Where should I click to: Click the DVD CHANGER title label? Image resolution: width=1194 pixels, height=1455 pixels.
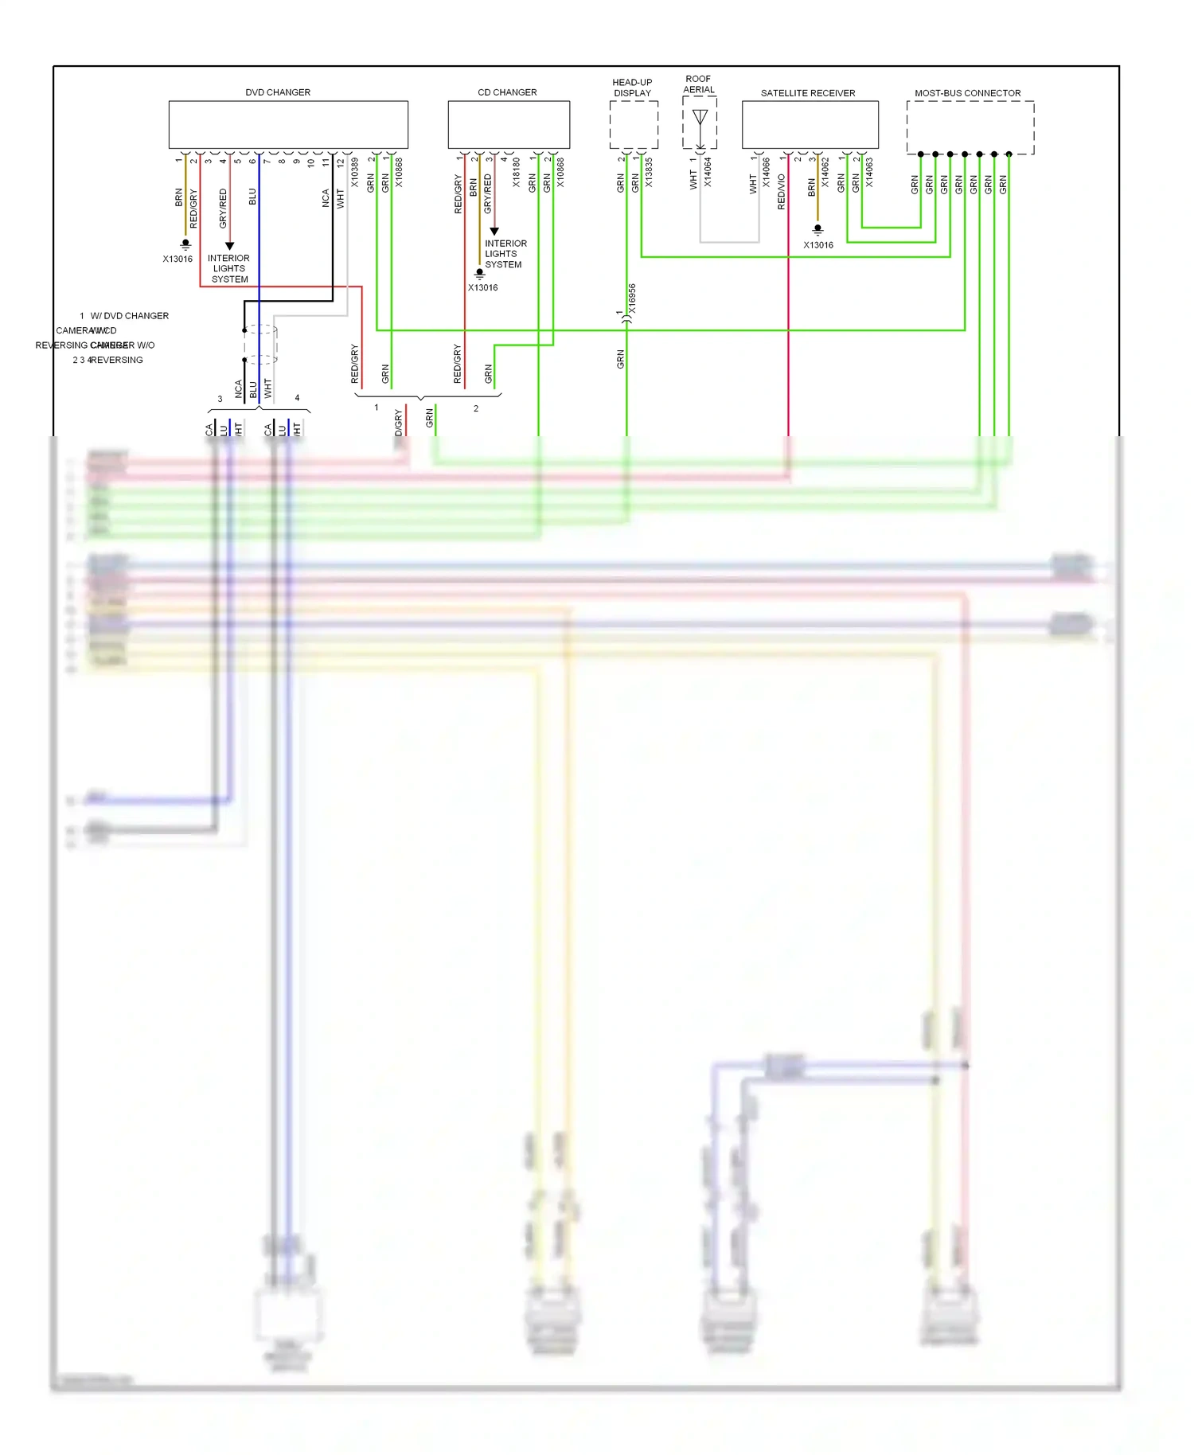click(278, 92)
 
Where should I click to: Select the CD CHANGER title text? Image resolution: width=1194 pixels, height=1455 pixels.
click(507, 92)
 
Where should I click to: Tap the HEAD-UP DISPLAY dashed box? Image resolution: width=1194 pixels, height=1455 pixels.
click(634, 125)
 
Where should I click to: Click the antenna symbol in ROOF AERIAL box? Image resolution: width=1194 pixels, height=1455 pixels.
click(700, 120)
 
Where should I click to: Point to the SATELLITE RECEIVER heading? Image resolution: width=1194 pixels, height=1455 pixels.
click(807, 93)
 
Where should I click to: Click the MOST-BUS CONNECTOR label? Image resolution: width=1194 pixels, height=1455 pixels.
click(967, 93)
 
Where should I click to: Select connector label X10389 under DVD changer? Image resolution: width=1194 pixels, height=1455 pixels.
click(355, 173)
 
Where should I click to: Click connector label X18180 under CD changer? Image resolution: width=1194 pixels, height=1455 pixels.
click(517, 173)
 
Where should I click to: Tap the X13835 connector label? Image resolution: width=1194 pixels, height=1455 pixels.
click(649, 173)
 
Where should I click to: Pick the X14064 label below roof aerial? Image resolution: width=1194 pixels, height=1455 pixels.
click(708, 173)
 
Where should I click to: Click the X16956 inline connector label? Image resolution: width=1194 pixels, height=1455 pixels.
click(632, 298)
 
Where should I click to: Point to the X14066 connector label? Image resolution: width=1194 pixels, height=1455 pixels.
click(767, 173)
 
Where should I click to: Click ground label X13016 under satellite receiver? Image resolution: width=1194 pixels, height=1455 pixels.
click(818, 245)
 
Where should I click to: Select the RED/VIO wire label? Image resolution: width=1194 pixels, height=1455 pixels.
click(781, 193)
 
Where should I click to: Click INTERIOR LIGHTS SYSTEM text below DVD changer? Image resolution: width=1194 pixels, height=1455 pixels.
click(229, 268)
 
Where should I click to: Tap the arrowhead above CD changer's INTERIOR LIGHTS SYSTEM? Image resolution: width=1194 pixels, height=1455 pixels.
click(494, 231)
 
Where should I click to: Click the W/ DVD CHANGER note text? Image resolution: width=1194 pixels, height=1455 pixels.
click(130, 316)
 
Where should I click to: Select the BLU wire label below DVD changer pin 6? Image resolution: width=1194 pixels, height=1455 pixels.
click(252, 197)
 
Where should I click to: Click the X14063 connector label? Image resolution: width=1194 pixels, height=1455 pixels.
click(869, 173)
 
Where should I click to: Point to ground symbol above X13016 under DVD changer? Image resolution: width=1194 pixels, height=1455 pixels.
click(185, 244)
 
